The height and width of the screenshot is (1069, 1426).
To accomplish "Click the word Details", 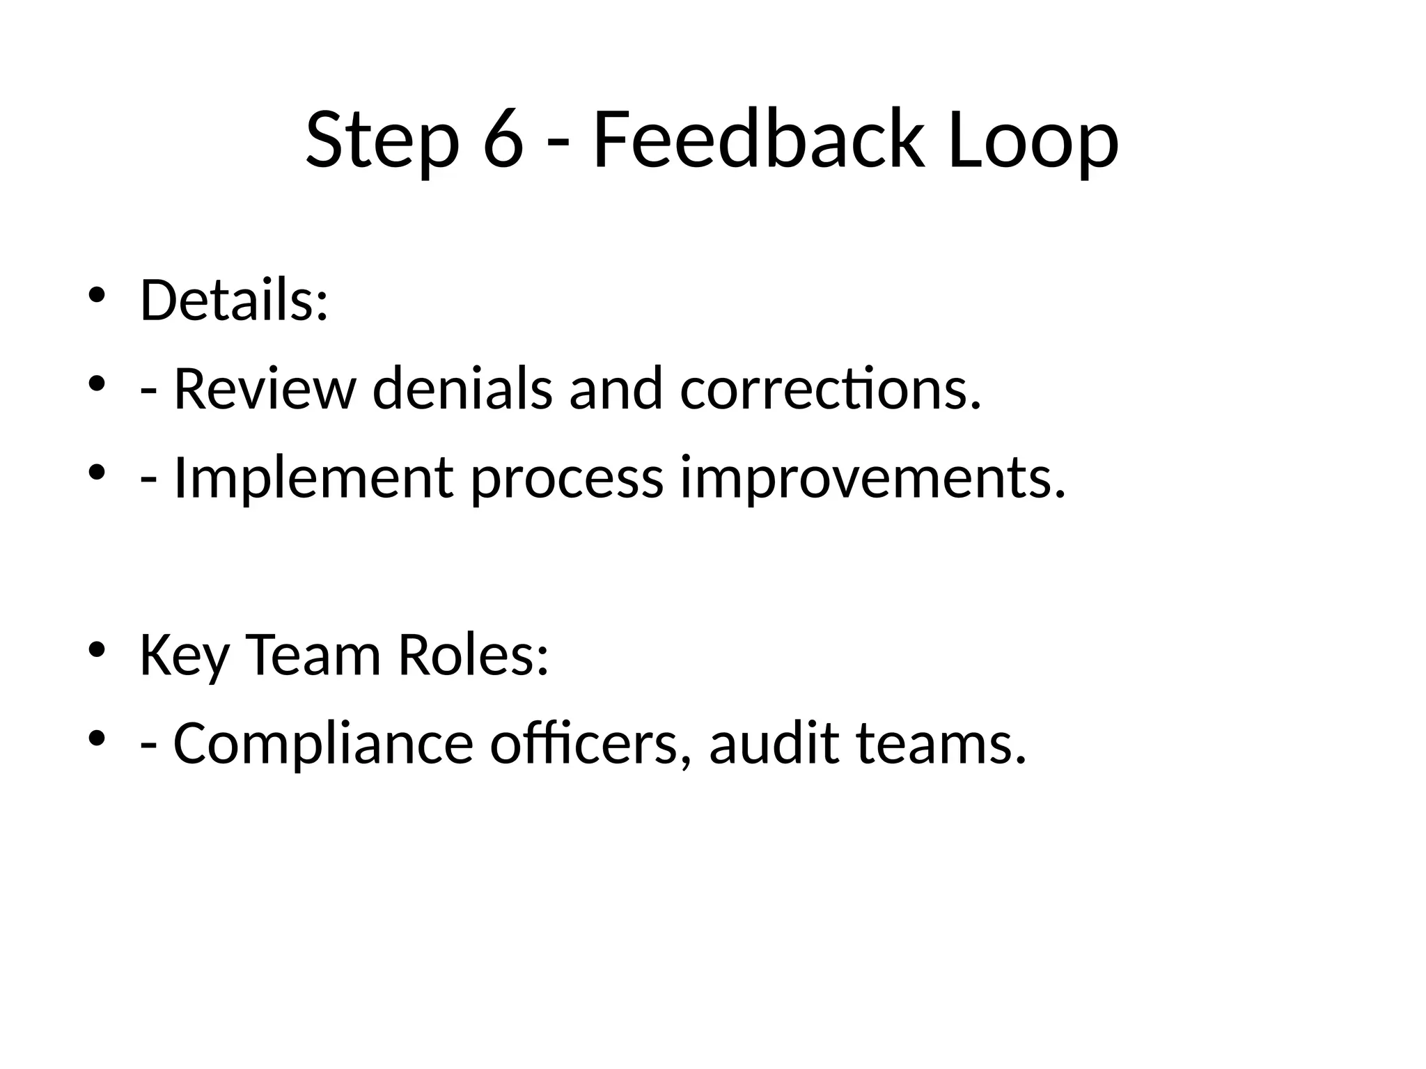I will click(x=233, y=301).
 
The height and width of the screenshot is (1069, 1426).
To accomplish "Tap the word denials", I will click(x=462, y=389).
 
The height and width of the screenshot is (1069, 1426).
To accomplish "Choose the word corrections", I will click(x=830, y=389).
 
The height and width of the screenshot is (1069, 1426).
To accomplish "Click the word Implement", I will click(x=313, y=478).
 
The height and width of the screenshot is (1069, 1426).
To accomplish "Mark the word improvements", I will click(x=872, y=479).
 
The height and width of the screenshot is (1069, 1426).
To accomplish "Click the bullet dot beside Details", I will click(x=97, y=294).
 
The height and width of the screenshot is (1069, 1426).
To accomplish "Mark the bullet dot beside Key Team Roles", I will click(x=97, y=649).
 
